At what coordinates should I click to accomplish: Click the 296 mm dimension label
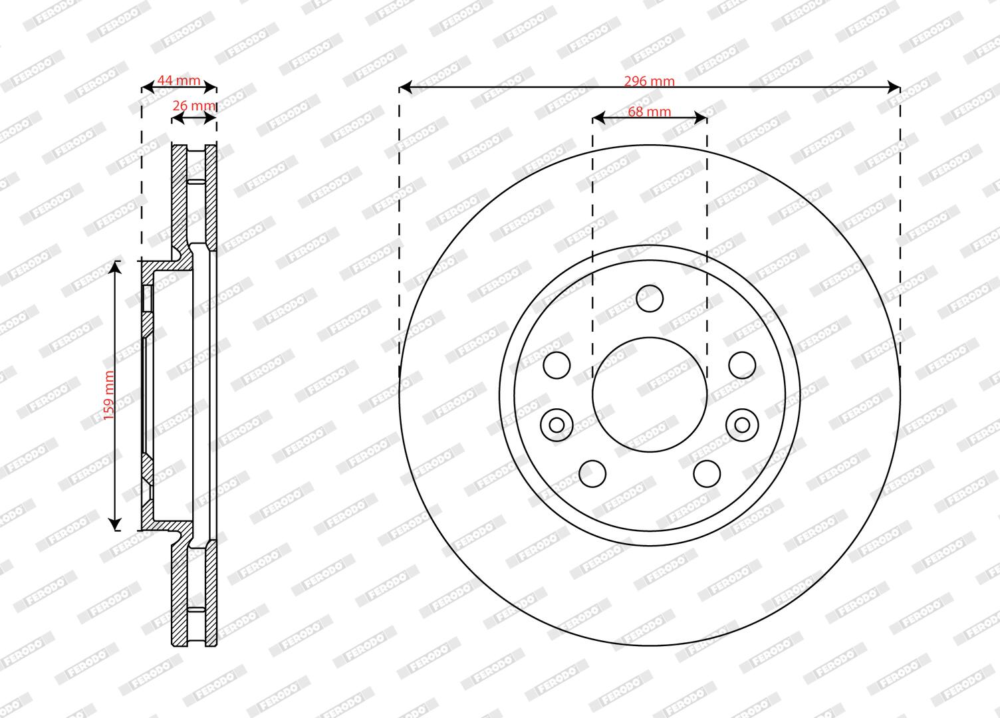649,81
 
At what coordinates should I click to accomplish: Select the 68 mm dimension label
649,112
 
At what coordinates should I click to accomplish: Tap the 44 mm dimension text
179,80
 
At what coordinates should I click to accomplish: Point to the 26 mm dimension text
193,106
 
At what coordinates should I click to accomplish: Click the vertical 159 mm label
109,396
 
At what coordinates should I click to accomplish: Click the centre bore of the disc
650,394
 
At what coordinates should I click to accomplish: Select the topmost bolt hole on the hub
650,299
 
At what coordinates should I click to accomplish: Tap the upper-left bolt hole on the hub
557,365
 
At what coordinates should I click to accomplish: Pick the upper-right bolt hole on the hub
742,365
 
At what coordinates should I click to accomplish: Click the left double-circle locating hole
557,425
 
